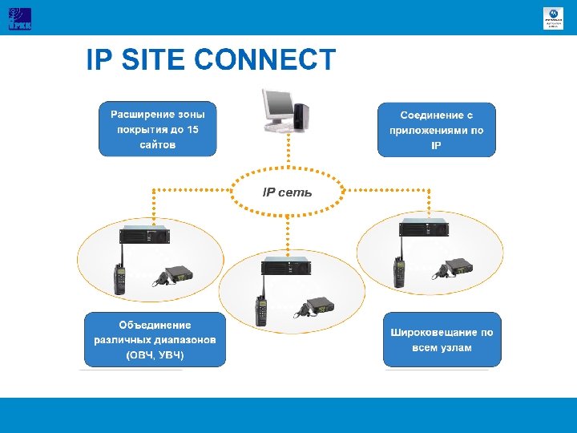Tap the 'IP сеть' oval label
(x=287, y=192)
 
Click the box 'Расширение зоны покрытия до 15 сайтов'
(x=157, y=129)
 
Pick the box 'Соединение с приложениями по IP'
(x=437, y=129)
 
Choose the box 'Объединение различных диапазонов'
(x=155, y=339)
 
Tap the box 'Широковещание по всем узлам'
(x=442, y=339)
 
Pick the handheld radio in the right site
(x=397, y=272)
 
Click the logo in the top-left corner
(x=19, y=18)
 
